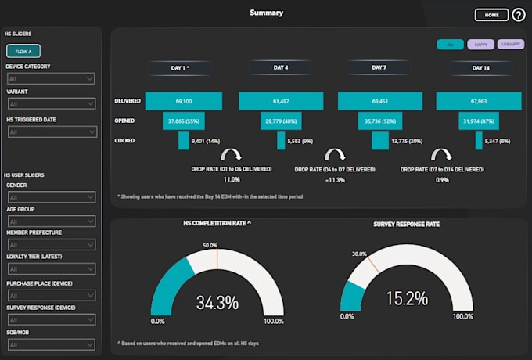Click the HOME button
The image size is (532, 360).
pos(491,14)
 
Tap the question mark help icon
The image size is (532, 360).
pos(519,14)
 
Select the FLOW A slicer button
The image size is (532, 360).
pos(23,52)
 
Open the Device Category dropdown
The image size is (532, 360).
pos(51,78)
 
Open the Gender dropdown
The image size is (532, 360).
pos(51,197)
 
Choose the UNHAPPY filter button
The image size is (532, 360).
pos(510,45)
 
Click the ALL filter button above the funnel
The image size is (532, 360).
pos(450,45)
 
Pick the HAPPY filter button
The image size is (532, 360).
pos(480,45)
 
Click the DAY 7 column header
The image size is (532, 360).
pos(379,68)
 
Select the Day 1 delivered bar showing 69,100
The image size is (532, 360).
pos(185,102)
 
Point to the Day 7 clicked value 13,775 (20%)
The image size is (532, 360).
pos(406,141)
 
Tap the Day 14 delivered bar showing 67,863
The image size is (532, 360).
pos(478,102)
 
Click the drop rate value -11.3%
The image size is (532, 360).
pos(335,179)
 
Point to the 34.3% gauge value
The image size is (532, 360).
pos(217,302)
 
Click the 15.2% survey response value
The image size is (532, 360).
pos(406,298)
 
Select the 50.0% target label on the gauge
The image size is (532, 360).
pos(210,245)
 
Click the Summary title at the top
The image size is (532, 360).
pos(266,13)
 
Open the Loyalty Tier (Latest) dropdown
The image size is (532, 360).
pos(51,269)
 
